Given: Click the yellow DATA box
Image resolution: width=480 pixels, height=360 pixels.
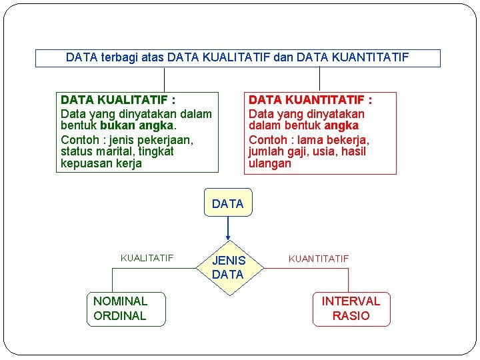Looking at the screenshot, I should pyautogui.click(x=228, y=203).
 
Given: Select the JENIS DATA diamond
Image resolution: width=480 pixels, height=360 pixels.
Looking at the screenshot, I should pyautogui.click(x=229, y=267).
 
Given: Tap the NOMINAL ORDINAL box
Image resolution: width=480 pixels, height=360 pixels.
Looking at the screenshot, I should pyautogui.click(x=125, y=309).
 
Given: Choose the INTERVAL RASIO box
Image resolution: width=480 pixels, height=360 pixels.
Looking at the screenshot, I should pyautogui.click(x=351, y=309).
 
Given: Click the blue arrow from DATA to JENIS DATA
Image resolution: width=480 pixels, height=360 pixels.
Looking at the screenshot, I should pyautogui.click(x=228, y=228).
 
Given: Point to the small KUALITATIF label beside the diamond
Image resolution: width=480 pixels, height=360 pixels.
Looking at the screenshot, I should pyautogui.click(x=147, y=258).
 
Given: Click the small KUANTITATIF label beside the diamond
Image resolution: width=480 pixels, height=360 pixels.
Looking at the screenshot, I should pyautogui.click(x=318, y=258).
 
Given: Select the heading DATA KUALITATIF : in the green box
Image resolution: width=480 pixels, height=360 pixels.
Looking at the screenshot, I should pyautogui.click(x=118, y=100).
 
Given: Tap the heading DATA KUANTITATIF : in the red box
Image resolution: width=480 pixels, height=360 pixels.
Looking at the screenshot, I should pyautogui.click(x=310, y=100).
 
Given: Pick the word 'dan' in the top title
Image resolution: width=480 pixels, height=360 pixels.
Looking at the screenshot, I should pyautogui.click(x=283, y=57).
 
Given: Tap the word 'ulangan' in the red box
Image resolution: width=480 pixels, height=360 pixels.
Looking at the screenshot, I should pyautogui.click(x=270, y=163).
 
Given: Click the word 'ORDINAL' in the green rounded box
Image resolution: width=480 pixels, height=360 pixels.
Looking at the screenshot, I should pyautogui.click(x=120, y=316).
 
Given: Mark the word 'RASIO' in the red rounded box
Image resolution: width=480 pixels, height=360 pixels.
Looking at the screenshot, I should pyautogui.click(x=351, y=316).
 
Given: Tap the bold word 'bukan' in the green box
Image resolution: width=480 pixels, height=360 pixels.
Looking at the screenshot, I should pyautogui.click(x=119, y=125).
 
